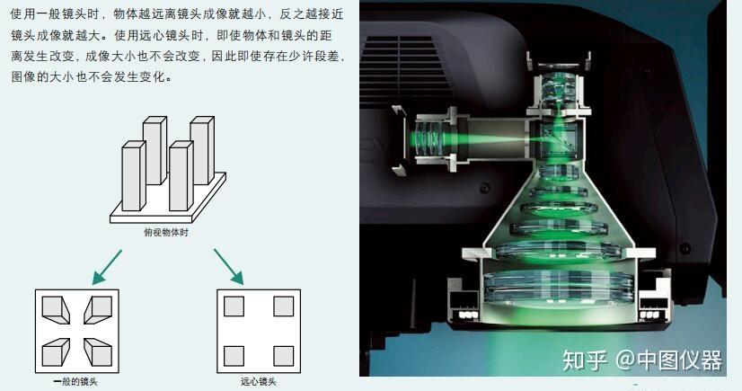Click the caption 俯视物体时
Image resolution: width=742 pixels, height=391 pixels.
(166, 233)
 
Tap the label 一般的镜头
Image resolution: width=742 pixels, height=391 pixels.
(75, 381)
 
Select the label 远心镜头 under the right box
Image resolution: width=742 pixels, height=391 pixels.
(259, 381)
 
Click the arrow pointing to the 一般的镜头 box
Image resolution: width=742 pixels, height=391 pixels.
(108, 267)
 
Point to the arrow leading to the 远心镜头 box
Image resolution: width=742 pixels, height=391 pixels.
(228, 266)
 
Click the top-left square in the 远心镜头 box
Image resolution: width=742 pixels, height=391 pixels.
(234, 307)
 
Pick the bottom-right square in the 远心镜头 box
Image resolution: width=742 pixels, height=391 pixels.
(284, 357)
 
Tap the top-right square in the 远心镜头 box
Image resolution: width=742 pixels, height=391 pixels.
(284, 307)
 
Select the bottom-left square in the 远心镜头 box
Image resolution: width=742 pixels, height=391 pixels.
(234, 357)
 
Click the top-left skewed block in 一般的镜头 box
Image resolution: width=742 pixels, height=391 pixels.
(56, 309)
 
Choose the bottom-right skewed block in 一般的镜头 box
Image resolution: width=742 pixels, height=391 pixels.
(98, 352)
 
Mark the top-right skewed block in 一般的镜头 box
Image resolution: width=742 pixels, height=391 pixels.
(98, 309)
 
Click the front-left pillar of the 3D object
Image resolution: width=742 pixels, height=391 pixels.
(134, 175)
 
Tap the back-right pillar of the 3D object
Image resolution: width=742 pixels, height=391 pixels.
(202, 150)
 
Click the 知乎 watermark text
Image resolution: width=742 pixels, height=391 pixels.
(585, 360)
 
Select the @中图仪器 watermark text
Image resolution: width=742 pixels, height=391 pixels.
(668, 360)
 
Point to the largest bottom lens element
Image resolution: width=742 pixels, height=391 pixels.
(559, 288)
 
